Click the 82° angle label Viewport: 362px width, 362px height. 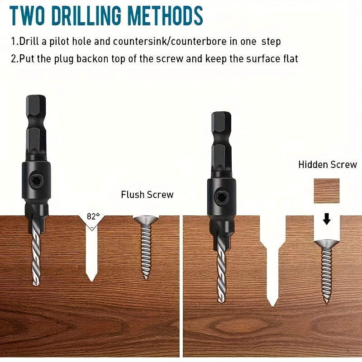tap(93, 217)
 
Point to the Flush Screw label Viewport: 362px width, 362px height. tap(147, 195)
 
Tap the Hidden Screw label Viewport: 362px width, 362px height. tap(328, 165)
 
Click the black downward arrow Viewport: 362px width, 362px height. tap(327, 219)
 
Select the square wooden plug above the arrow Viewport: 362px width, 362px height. tap(327, 191)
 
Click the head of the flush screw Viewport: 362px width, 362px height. tap(146, 220)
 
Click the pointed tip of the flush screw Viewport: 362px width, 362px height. tap(146, 278)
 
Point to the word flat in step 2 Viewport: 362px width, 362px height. tap(290, 59)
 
